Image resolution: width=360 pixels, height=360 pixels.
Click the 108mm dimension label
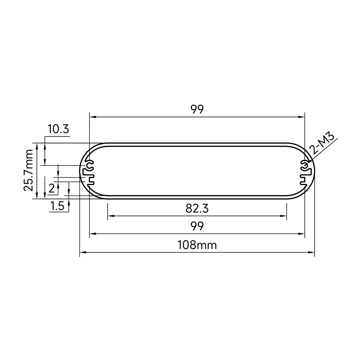(x=197, y=245)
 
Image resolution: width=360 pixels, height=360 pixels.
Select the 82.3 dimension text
(x=197, y=209)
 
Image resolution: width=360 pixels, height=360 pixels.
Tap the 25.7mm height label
(x=29, y=170)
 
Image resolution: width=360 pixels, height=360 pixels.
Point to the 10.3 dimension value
(x=58, y=129)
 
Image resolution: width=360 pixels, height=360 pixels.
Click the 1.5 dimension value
(x=57, y=206)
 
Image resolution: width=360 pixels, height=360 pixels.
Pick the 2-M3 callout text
(x=321, y=144)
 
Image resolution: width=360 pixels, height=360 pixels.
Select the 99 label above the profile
(x=197, y=109)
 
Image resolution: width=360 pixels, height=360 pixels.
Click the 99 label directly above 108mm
(x=197, y=226)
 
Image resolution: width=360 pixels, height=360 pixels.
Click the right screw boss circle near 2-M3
(x=305, y=165)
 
